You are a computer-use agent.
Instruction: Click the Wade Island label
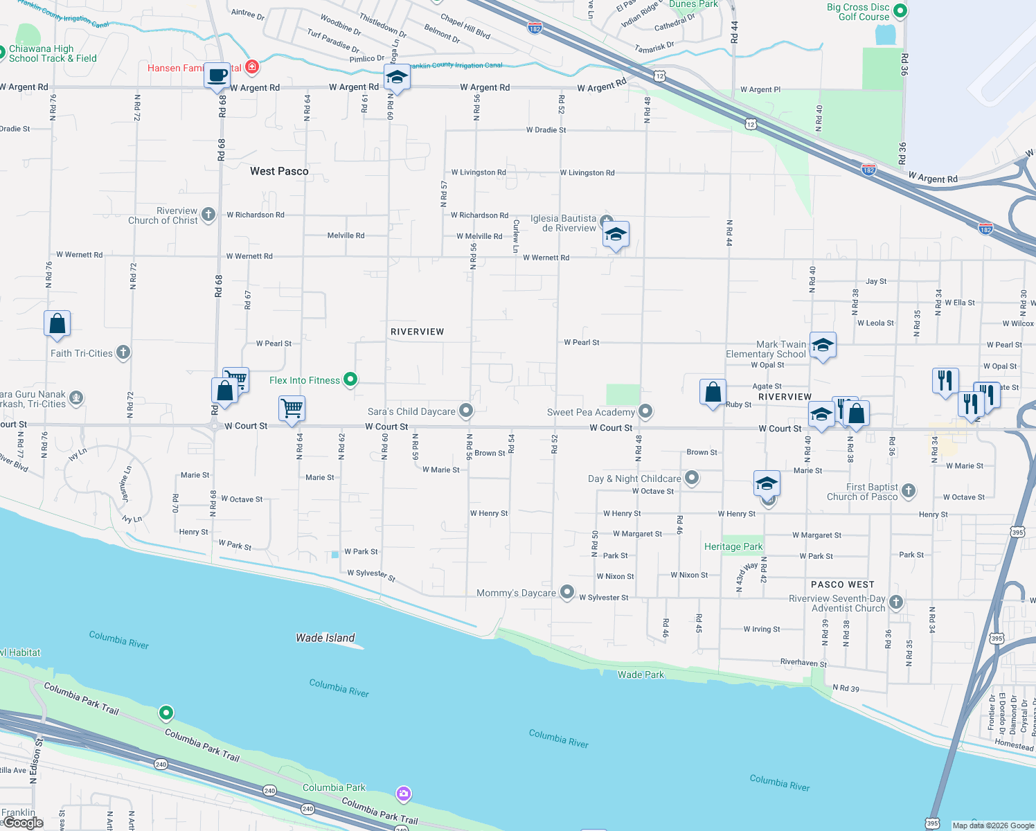click(325, 638)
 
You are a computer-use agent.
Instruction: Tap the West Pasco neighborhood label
click(279, 171)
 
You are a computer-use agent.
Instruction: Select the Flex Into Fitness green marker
click(350, 379)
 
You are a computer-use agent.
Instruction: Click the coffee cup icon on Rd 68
click(217, 75)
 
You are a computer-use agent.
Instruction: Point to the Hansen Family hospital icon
click(252, 67)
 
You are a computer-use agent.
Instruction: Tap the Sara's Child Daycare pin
click(466, 411)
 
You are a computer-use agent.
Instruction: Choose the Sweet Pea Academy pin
click(645, 411)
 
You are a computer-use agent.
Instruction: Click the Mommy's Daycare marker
click(567, 592)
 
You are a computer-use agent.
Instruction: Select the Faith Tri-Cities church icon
click(123, 352)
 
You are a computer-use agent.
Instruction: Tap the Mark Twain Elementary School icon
click(822, 345)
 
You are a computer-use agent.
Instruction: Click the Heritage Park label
click(733, 546)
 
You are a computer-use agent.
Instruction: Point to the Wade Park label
click(641, 674)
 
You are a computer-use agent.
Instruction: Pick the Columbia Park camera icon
click(403, 794)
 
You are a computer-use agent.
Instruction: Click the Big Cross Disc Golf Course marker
click(900, 10)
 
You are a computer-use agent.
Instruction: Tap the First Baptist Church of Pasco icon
click(909, 491)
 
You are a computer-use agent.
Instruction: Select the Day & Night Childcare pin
click(691, 478)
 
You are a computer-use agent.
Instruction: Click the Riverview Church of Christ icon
click(208, 215)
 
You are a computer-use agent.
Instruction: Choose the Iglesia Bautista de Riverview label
click(563, 223)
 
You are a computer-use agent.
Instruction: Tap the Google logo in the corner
click(23, 823)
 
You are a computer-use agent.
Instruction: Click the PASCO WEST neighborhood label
click(842, 584)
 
